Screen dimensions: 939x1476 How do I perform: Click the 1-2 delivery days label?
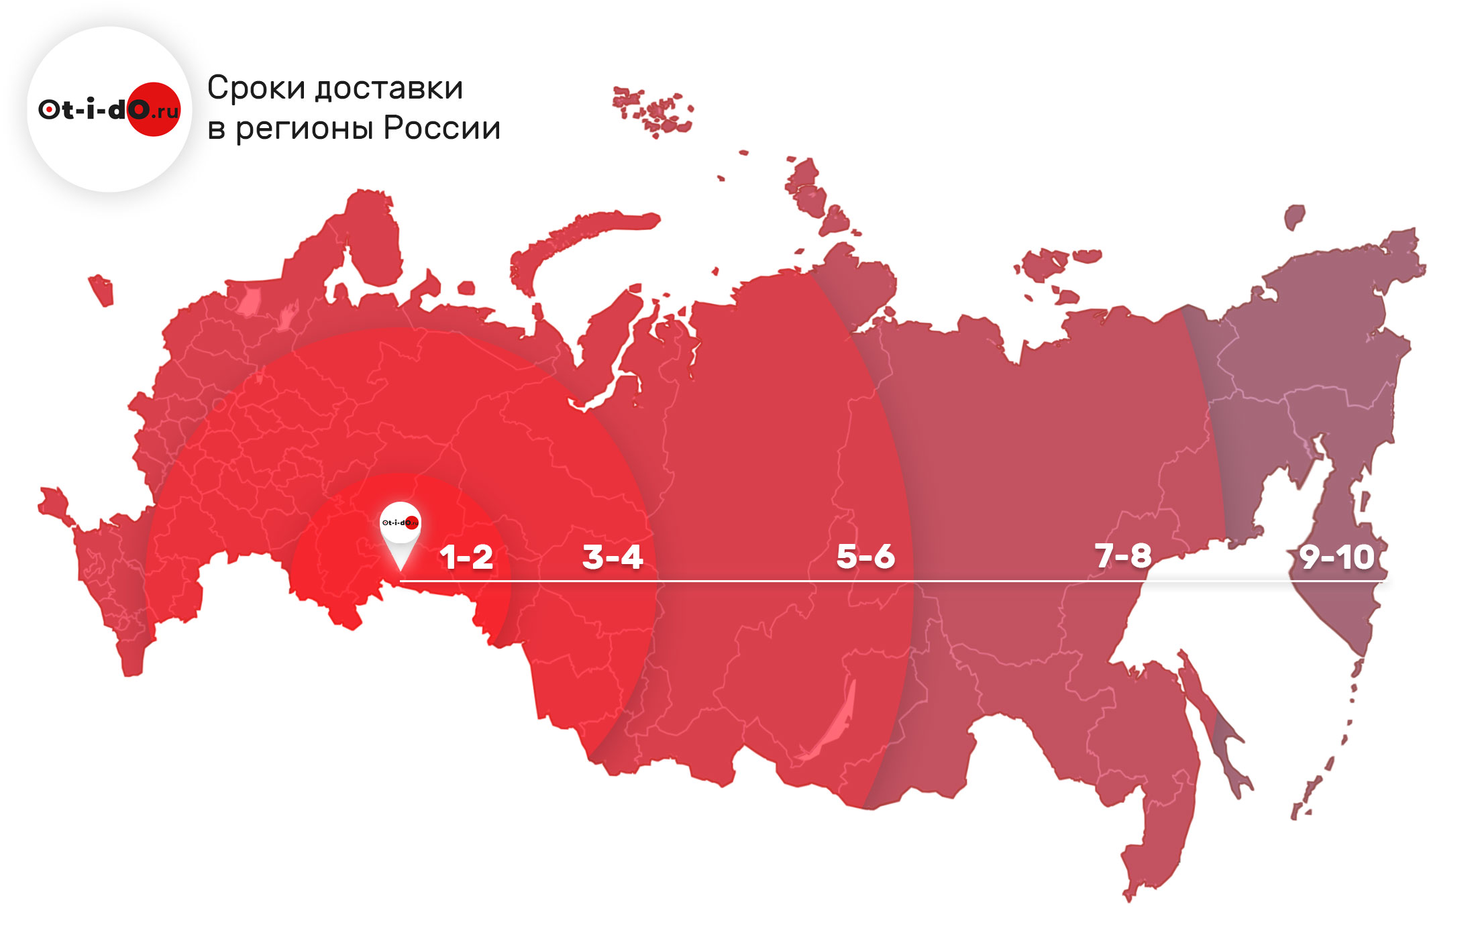tap(467, 557)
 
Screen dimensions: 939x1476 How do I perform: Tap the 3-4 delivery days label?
tap(613, 557)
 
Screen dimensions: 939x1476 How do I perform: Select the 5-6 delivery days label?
tap(865, 557)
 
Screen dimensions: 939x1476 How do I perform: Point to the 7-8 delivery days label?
tap(1123, 556)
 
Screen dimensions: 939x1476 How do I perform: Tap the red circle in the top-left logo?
tap(154, 109)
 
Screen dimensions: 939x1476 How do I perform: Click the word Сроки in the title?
tap(256, 88)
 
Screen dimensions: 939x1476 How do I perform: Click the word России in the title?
tap(442, 127)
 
